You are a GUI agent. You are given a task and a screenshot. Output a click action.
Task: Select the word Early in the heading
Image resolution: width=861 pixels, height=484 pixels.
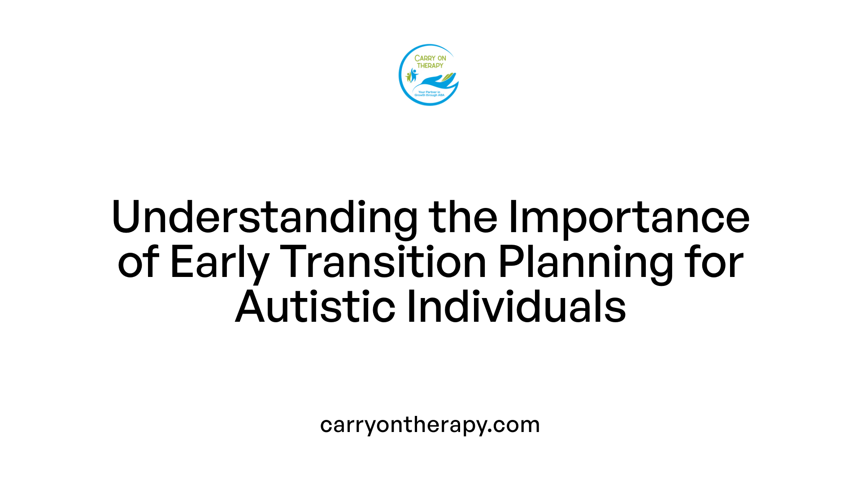point(219,263)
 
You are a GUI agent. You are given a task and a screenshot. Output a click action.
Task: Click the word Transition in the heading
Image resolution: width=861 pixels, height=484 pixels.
point(383,263)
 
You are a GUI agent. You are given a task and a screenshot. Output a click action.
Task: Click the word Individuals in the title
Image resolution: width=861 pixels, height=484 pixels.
point(516,307)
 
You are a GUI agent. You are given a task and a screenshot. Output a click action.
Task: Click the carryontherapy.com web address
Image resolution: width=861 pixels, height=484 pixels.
point(430,424)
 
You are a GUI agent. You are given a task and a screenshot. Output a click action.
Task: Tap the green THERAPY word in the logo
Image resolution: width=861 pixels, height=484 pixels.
point(430,65)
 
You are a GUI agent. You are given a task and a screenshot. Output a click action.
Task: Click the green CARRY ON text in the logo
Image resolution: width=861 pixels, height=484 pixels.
point(430,58)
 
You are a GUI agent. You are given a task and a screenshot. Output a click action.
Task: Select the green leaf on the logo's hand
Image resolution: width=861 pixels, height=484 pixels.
point(448,78)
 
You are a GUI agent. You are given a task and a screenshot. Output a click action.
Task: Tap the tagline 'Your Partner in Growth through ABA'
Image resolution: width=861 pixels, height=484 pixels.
point(429,94)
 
